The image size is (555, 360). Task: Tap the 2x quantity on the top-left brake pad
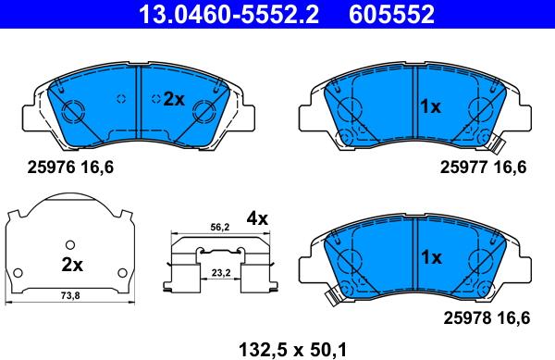174,99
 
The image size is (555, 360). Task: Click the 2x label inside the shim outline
71,264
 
